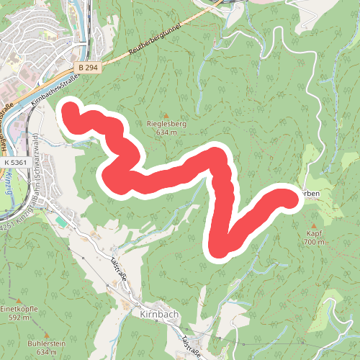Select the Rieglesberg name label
166,124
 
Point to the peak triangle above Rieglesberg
166,115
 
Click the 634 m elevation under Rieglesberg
166,132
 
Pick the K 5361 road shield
14,163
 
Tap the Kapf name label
315,234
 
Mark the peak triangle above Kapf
315,225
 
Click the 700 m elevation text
315,243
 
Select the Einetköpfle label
19,308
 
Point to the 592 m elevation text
19,317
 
